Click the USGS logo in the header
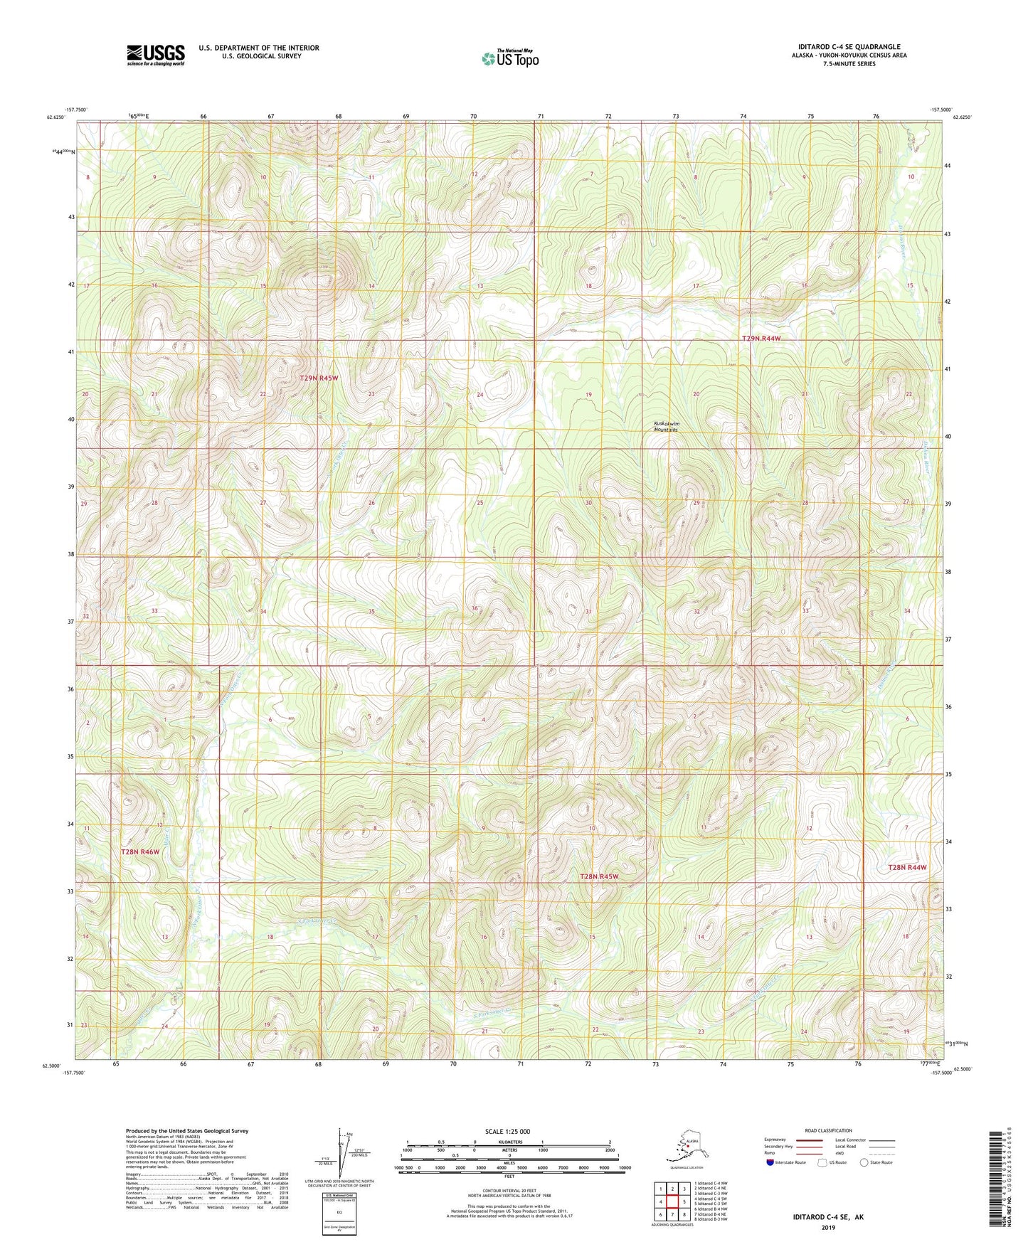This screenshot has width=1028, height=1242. point(156,55)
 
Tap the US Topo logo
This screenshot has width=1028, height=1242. point(509,58)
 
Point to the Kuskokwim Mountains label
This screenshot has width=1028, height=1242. point(667,427)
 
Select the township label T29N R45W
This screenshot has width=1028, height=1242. point(318,378)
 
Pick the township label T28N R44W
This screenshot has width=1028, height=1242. point(907,867)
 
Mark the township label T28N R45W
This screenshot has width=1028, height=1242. point(598,877)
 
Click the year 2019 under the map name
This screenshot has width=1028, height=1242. point(827,1227)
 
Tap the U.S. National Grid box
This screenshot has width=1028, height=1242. point(339,1215)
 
